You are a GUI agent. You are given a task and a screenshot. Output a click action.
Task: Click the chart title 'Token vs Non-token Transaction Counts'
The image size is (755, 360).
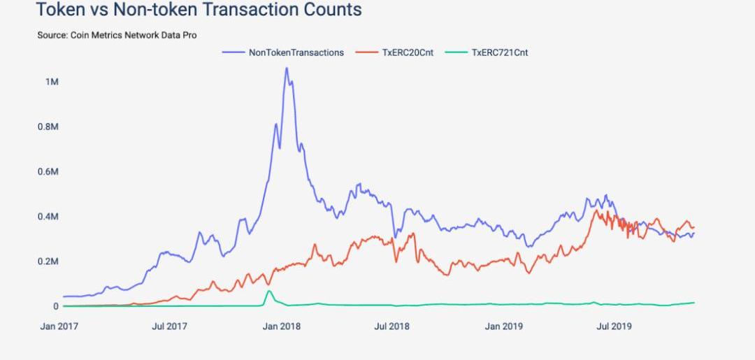pos(199,10)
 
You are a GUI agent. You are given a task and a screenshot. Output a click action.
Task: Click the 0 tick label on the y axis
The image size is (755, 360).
pos(55,306)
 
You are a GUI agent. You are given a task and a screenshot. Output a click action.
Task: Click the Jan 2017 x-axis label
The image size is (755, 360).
pos(59,326)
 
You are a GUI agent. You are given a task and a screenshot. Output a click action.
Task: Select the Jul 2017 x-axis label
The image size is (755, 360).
pos(170,326)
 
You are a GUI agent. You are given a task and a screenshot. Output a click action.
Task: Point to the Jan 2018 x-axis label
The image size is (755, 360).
pos(281,326)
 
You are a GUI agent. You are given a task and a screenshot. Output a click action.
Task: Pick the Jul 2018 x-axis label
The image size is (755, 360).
pos(391,326)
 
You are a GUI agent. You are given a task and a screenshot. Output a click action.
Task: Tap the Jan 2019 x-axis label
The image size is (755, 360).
pos(503,326)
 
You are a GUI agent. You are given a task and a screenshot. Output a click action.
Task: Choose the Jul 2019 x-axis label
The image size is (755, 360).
pos(613,326)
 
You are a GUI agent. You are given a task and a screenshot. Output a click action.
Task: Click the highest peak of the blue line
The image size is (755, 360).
pos(286,68)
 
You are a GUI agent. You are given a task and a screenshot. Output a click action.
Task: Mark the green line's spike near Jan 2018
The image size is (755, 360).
pos(269,291)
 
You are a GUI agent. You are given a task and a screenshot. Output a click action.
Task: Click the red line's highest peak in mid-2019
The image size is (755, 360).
pos(596,210)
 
